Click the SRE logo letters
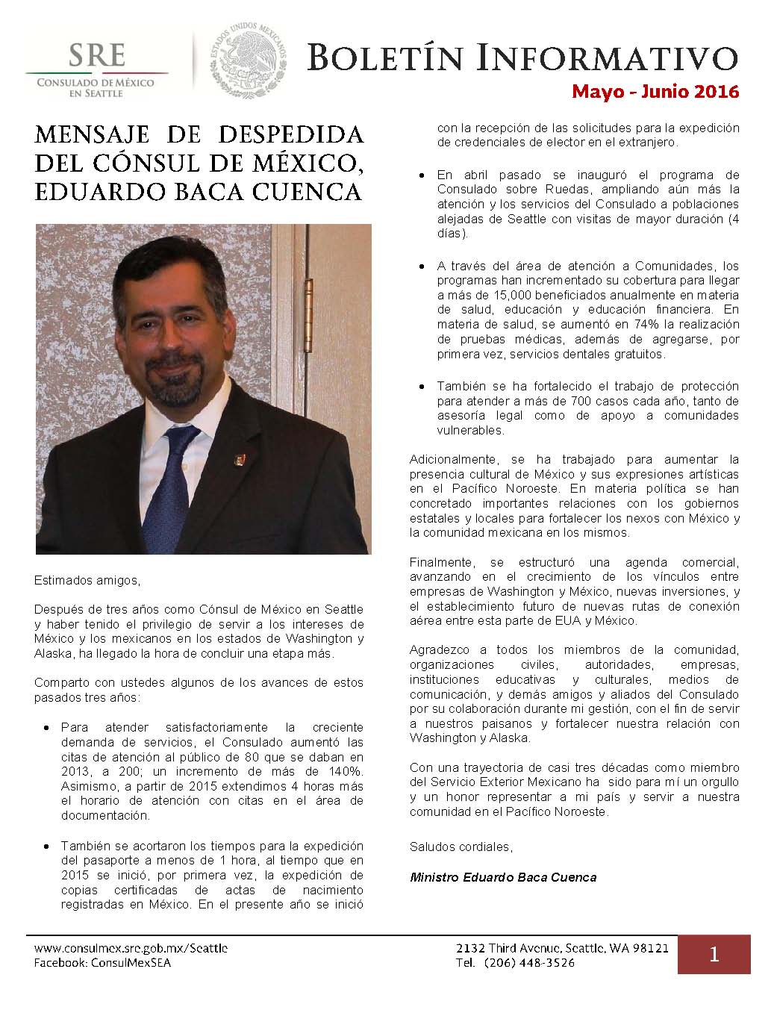click(x=98, y=56)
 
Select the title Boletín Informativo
click(x=522, y=57)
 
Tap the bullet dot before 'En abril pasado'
click(x=421, y=175)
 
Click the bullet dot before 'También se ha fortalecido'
click(x=421, y=387)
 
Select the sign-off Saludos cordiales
click(x=461, y=847)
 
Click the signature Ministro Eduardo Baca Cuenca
click(x=503, y=877)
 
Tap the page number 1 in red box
click(x=714, y=954)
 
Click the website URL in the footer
click(x=131, y=948)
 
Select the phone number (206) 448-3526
click(x=529, y=962)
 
